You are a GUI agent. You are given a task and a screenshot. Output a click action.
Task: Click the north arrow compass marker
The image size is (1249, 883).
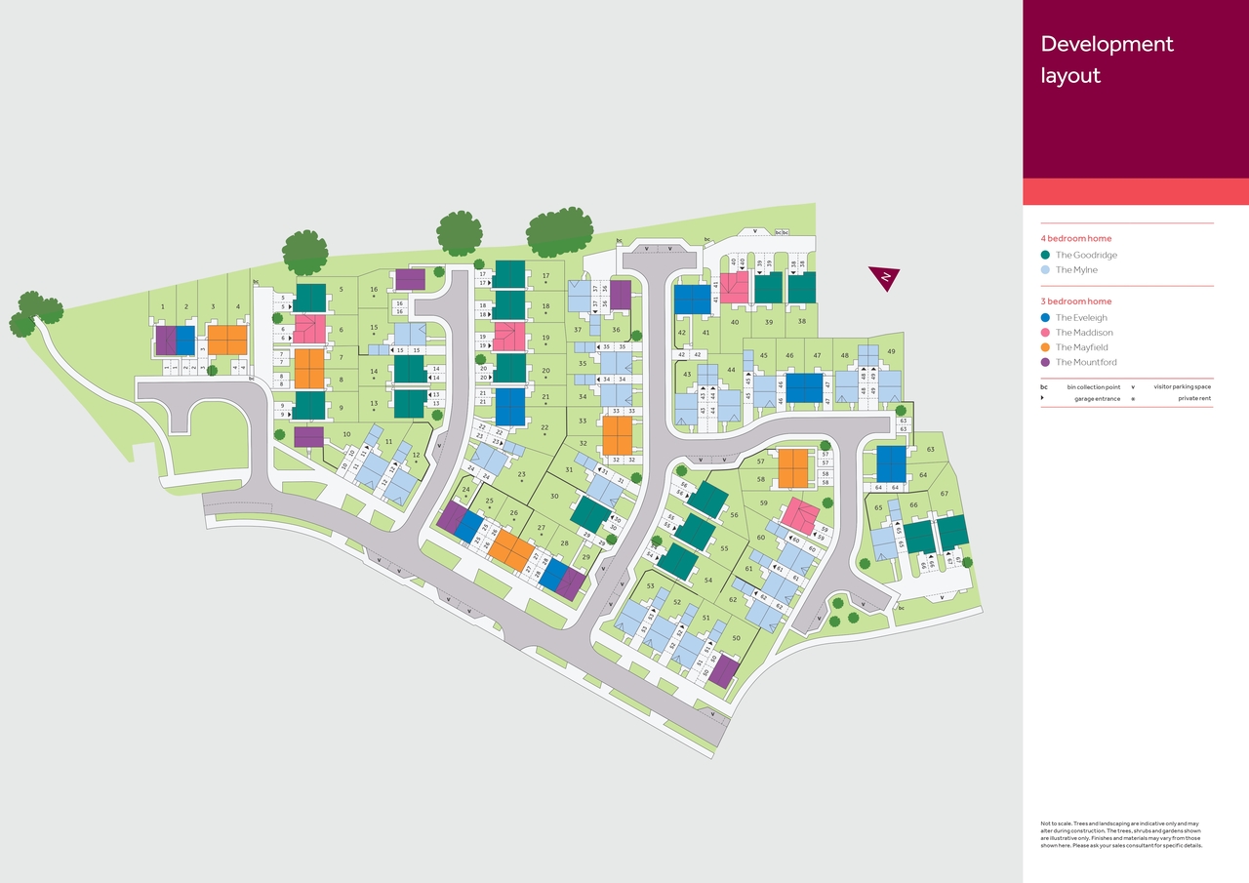pyautogui.click(x=884, y=278)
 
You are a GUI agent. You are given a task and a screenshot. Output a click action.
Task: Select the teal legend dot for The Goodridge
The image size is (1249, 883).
pyautogui.click(x=1045, y=255)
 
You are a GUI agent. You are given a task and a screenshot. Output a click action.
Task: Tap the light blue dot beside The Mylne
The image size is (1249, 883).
pyautogui.click(x=1045, y=269)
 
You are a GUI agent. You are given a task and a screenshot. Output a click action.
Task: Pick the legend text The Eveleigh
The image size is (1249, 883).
pyautogui.click(x=1081, y=318)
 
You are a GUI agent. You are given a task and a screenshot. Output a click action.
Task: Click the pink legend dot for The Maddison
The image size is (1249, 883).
pyautogui.click(x=1045, y=333)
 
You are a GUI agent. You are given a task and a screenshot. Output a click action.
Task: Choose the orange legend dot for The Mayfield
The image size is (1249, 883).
pyautogui.click(x=1045, y=347)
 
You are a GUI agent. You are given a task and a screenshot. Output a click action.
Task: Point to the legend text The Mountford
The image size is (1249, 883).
pyautogui.click(x=1086, y=362)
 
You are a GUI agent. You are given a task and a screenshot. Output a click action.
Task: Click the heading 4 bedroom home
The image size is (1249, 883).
pyautogui.click(x=1075, y=238)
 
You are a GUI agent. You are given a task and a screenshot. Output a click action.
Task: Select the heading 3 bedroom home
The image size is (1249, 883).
pyautogui.click(x=1075, y=301)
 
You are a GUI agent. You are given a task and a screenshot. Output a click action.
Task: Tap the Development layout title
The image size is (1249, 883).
pyautogui.click(x=1107, y=59)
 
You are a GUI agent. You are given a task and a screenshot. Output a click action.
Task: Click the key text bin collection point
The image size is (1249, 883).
pyautogui.click(x=1093, y=387)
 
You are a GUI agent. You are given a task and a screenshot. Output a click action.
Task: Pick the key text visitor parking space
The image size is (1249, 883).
pyautogui.click(x=1182, y=387)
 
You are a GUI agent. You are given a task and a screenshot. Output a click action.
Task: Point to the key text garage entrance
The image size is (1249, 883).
pyautogui.click(x=1097, y=399)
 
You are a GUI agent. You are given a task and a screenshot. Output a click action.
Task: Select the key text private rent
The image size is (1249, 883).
pyautogui.click(x=1194, y=399)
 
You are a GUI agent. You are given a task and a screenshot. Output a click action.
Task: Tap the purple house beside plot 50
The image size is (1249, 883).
pyautogui.click(x=724, y=670)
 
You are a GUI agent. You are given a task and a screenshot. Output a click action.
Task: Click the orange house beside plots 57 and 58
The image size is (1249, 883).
pyautogui.click(x=792, y=468)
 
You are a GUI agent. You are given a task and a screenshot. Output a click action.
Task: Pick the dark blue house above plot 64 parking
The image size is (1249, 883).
pyautogui.click(x=891, y=462)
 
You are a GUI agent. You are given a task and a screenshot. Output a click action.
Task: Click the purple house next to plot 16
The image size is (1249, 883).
pyautogui.click(x=410, y=280)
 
